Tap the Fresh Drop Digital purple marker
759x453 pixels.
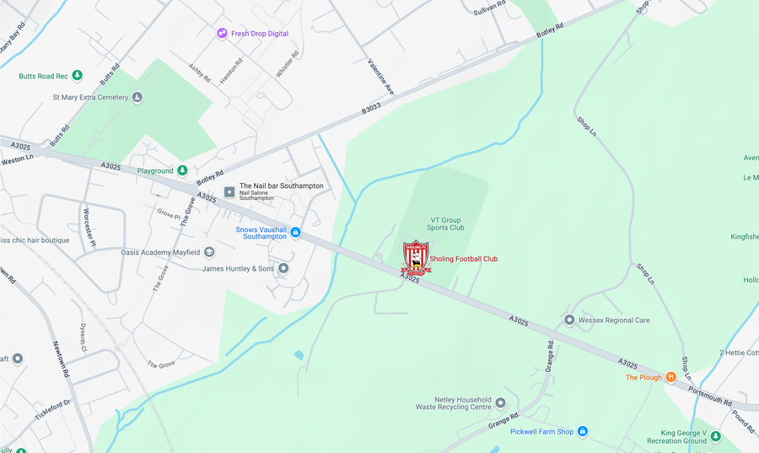point(222,34)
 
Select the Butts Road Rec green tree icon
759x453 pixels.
point(78,76)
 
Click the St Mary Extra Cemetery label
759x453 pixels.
point(90,97)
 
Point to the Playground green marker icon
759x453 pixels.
point(182,171)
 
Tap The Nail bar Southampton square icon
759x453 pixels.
point(229,192)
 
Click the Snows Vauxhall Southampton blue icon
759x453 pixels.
point(295,232)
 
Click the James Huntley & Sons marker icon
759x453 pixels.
point(283,268)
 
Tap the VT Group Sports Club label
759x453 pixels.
point(446,223)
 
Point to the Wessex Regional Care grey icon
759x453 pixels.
point(569,320)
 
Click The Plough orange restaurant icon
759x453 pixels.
point(671,377)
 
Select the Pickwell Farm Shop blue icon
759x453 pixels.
point(582,432)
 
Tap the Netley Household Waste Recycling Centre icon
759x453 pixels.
point(500,402)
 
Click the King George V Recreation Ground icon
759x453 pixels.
point(715,436)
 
